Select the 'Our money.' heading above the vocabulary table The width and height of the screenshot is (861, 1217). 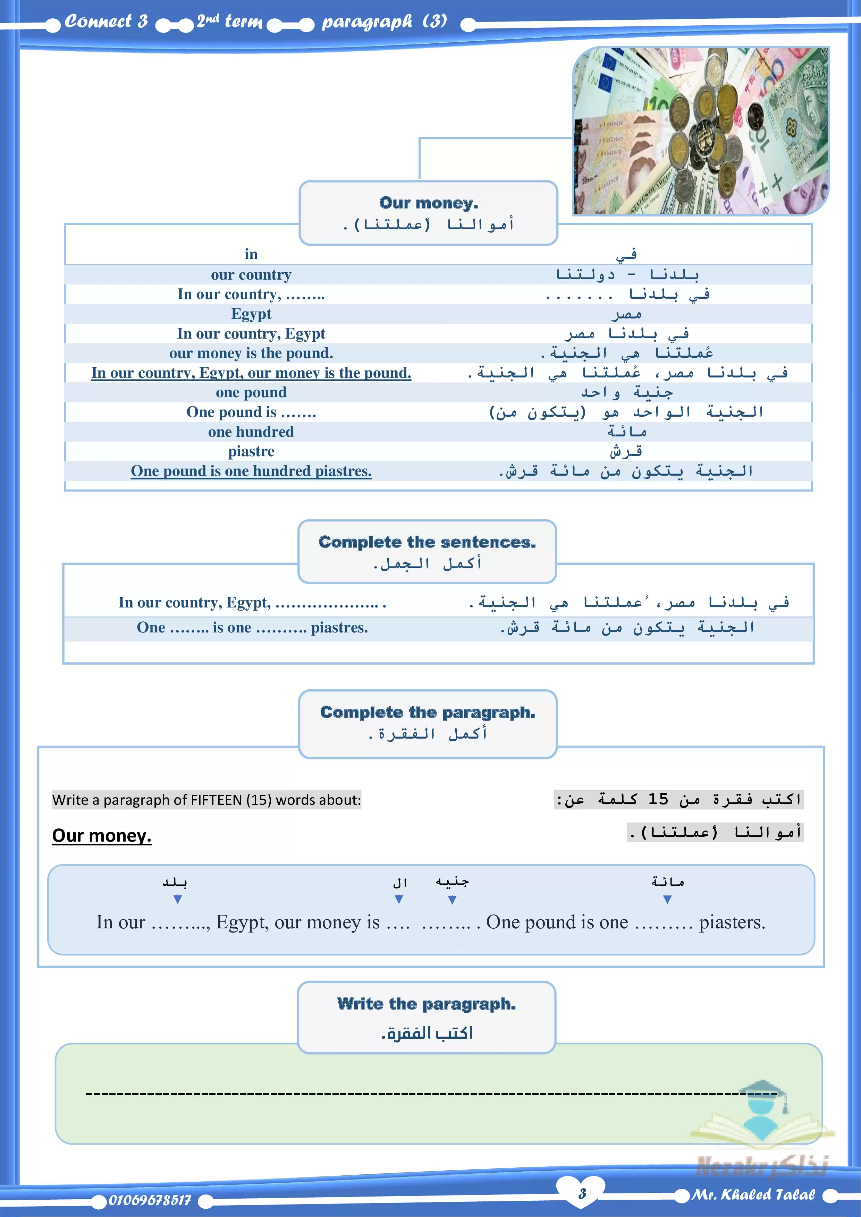pyautogui.click(x=428, y=203)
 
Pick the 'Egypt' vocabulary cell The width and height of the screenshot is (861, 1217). pyautogui.click(x=251, y=314)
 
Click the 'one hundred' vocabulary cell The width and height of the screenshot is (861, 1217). pyautogui.click(x=251, y=432)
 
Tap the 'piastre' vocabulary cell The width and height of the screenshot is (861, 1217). pyautogui.click(x=251, y=451)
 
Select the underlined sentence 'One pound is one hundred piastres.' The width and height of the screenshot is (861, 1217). pyautogui.click(x=251, y=471)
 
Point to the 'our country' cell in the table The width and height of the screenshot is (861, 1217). pyautogui.click(x=251, y=274)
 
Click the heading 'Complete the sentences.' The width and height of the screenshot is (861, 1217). pyautogui.click(x=427, y=542)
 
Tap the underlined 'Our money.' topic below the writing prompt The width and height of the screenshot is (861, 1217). pyautogui.click(x=102, y=835)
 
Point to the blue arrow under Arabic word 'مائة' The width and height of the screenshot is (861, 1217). pyautogui.click(x=667, y=900)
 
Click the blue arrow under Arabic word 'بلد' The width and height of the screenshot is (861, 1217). pyautogui.click(x=178, y=900)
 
